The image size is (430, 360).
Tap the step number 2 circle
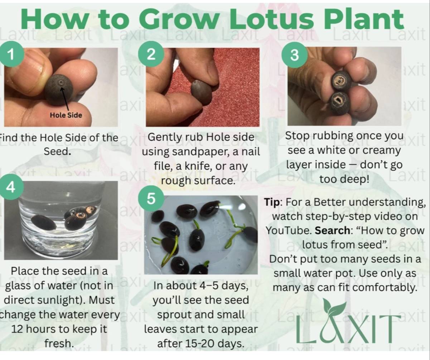point(151,54)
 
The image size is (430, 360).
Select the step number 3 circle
point(294,55)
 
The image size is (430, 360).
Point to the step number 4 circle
point(11,186)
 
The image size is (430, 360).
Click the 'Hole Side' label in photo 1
point(66,115)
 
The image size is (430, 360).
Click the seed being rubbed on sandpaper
point(201,92)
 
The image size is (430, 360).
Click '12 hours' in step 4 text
point(34,329)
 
